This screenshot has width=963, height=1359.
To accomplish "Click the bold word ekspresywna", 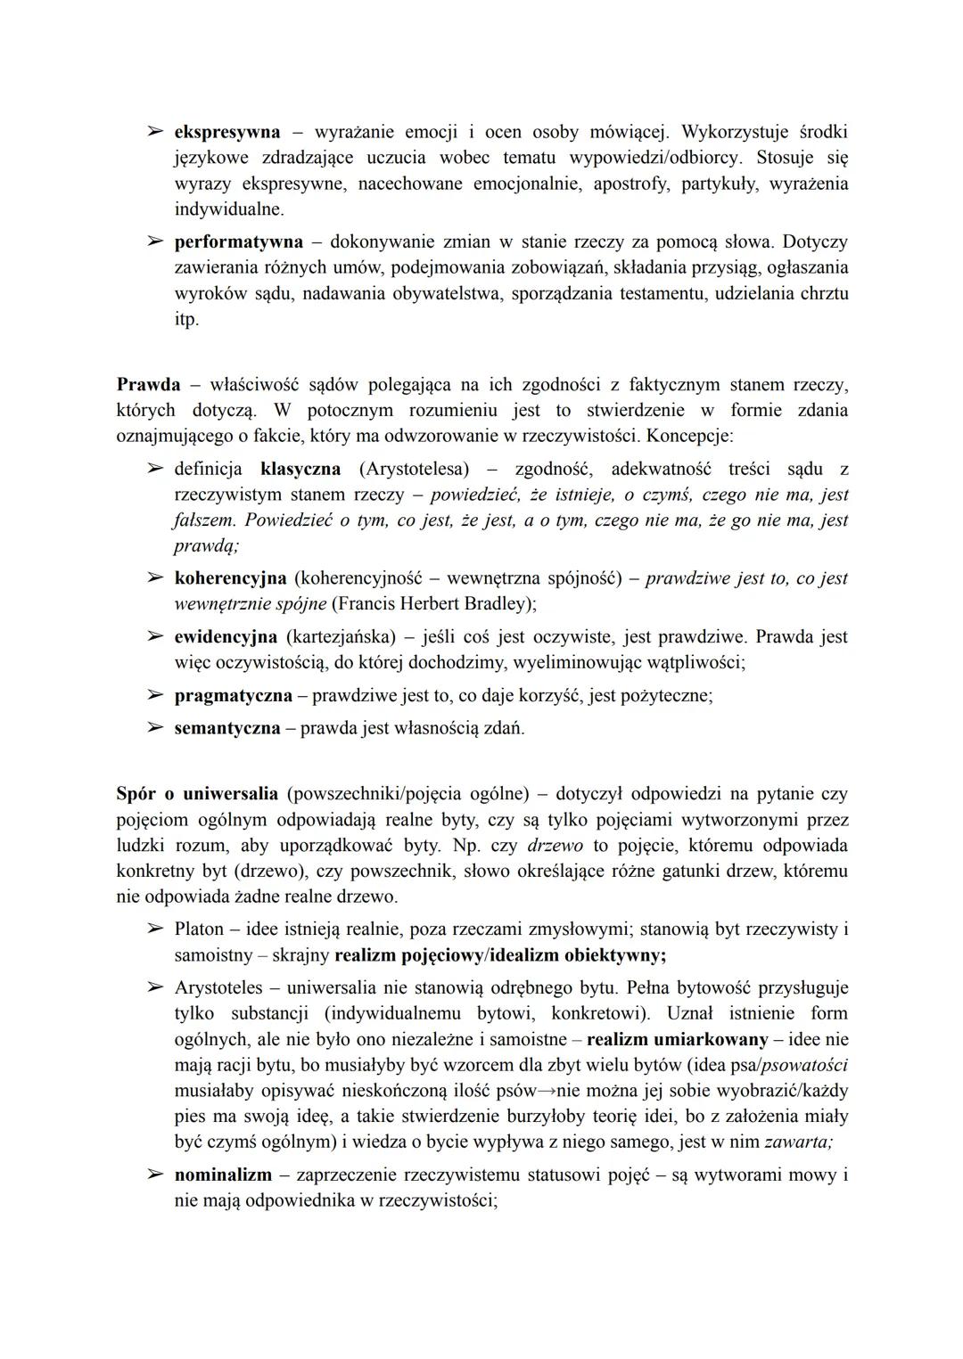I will point(226,132).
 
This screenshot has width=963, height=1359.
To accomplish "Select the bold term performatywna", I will point(238,242).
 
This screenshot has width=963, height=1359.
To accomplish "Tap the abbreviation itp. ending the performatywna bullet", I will point(185,319).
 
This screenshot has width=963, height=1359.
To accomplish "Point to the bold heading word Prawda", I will point(148,385).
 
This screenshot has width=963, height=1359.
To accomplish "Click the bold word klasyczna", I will point(300,468).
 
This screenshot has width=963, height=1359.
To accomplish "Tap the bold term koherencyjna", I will point(230,578).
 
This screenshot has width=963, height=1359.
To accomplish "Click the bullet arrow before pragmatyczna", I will point(155,695).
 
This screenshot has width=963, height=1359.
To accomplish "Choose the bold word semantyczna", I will point(226,728).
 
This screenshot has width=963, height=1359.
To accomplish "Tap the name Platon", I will point(199,929).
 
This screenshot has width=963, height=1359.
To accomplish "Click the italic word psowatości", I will point(801,1065).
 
